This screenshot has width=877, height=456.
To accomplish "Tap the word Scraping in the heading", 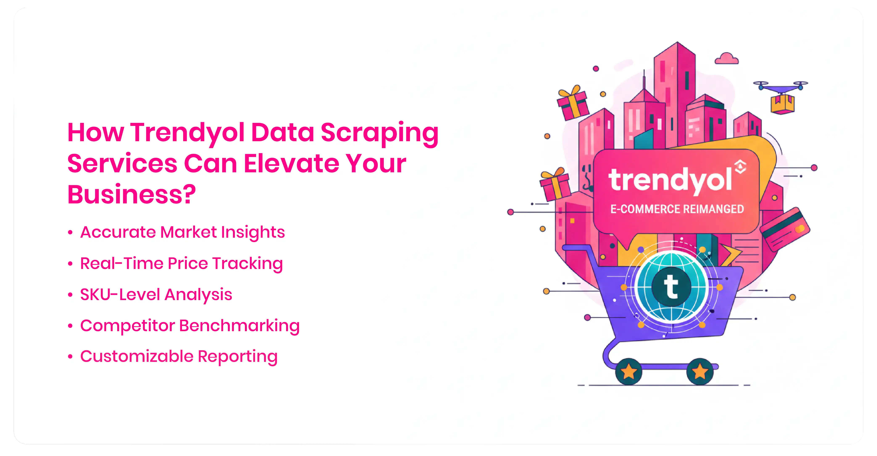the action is click(x=380, y=133).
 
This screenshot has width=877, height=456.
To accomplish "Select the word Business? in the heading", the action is click(x=132, y=194).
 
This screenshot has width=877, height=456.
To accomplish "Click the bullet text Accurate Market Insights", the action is click(x=183, y=232).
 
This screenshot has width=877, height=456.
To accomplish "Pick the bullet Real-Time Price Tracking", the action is click(x=181, y=264).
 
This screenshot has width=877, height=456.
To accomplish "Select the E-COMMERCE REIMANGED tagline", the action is click(x=677, y=209).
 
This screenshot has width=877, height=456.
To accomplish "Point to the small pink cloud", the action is click(x=727, y=59).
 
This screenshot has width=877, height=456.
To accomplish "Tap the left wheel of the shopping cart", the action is click(x=628, y=372).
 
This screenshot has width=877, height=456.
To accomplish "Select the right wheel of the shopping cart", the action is click(x=700, y=372).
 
